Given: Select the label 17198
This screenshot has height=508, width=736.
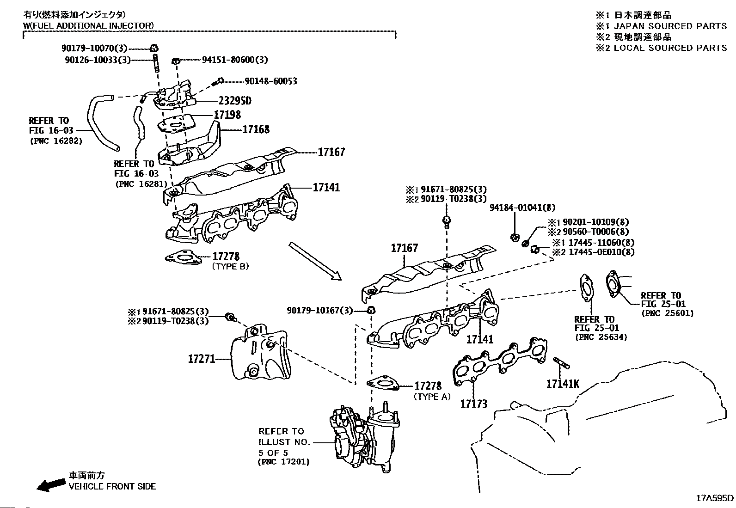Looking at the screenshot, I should (x=227, y=115).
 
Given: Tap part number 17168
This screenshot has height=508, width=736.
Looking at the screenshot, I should (x=256, y=129).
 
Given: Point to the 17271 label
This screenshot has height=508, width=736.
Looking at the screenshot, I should (x=202, y=358).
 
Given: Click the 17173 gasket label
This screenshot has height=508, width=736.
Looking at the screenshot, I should (x=473, y=404).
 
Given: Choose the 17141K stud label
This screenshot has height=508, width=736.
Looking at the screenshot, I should (x=562, y=384).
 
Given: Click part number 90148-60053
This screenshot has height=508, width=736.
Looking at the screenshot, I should (x=271, y=81).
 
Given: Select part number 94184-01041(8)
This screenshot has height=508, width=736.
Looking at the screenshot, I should (x=522, y=208).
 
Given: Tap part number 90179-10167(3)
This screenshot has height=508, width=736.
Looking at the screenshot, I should (x=319, y=311).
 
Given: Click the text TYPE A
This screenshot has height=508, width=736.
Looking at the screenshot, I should (x=432, y=397).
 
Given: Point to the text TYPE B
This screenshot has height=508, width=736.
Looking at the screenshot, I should (x=230, y=266).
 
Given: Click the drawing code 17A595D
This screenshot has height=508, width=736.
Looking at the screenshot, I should (x=715, y=498).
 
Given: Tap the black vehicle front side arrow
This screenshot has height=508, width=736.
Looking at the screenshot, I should (x=50, y=484).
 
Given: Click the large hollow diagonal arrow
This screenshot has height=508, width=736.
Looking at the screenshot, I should (x=315, y=261).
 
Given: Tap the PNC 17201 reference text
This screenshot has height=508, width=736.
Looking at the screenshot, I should (x=283, y=461).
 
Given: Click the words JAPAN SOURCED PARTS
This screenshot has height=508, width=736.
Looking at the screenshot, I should (x=670, y=26).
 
